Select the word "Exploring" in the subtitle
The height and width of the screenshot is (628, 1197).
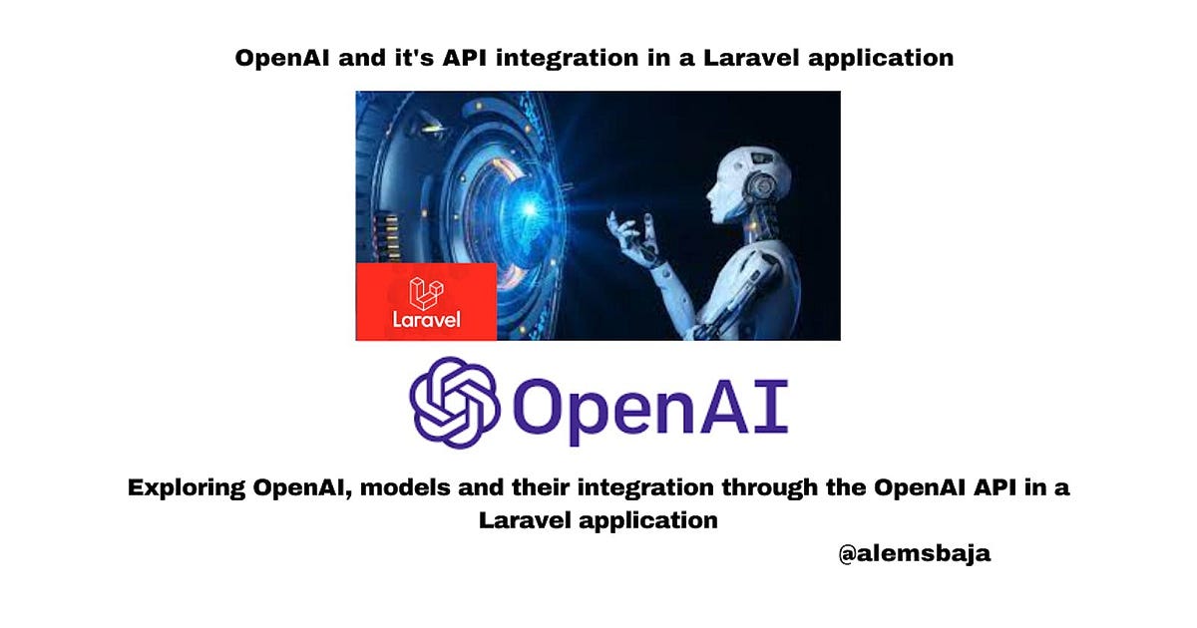tap(186, 489)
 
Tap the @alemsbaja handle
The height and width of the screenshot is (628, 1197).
tap(915, 554)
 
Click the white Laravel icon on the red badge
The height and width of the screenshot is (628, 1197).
tap(426, 293)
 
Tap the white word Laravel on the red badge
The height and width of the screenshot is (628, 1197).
tap(426, 321)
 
